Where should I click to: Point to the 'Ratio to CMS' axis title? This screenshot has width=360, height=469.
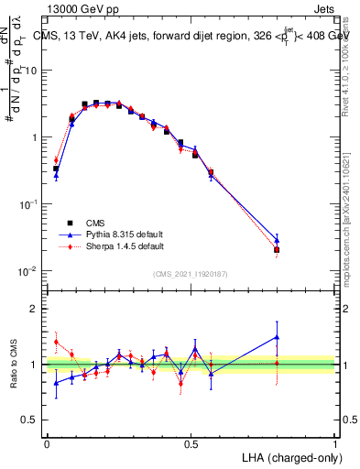pos(14,364)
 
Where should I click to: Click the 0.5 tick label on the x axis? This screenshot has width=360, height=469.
pos(191,442)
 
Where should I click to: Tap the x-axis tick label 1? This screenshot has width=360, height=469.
pos(334,442)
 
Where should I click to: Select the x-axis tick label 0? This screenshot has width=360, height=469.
pos(47,442)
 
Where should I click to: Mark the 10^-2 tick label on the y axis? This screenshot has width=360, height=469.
pos(30,271)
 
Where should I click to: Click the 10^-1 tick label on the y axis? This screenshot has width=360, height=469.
pos(30,204)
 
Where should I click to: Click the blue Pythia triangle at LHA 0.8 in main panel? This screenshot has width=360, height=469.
pos(277,240)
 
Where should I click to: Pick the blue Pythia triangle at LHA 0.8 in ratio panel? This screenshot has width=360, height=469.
pos(277,337)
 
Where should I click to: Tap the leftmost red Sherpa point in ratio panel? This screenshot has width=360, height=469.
pos(56,342)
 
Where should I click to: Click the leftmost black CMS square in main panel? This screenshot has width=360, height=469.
pos(56,169)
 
